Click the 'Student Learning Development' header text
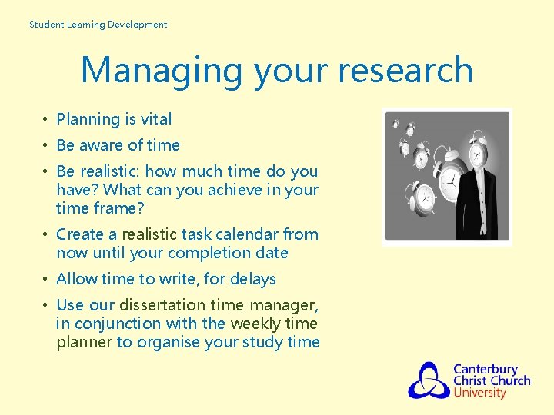pyautogui.click(x=98, y=25)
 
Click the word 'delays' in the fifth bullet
pyautogui.click(x=251, y=279)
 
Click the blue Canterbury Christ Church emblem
pyautogui.click(x=429, y=380)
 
